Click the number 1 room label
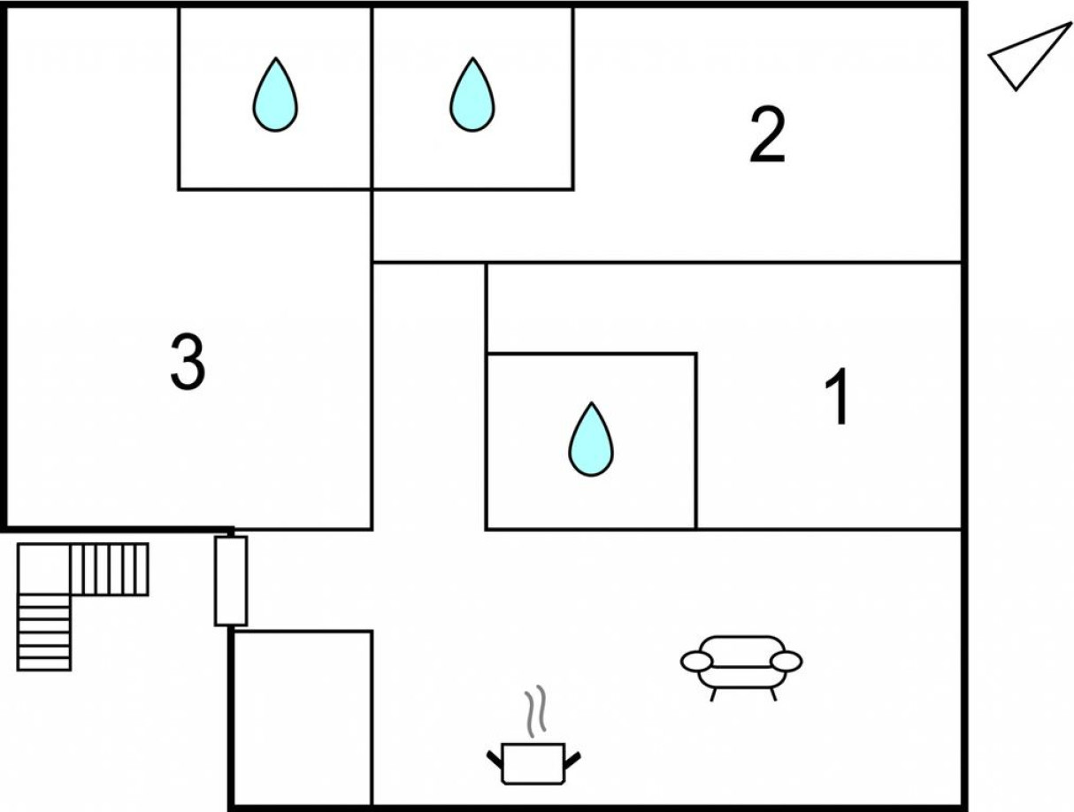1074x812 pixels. click(x=837, y=397)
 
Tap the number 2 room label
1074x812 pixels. click(x=767, y=135)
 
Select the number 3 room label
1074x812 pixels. click(x=188, y=364)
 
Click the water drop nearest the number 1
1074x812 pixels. click(x=590, y=440)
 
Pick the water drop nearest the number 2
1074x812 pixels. click(x=472, y=96)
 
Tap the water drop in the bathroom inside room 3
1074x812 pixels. click(x=275, y=96)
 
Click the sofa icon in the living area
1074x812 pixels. click(x=741, y=664)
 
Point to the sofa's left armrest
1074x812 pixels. click(x=696, y=661)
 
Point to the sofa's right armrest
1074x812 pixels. click(x=786, y=661)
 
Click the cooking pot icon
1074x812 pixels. click(x=533, y=762)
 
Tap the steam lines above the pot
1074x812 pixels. click(x=533, y=712)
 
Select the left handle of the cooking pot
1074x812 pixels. click(x=495, y=758)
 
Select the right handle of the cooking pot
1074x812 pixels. click(x=572, y=758)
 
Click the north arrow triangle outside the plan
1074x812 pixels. click(x=1026, y=57)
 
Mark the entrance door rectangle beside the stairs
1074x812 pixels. click(x=231, y=580)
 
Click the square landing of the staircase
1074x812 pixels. click(x=43, y=569)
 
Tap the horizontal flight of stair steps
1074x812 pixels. click(x=109, y=569)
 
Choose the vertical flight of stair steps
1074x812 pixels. click(x=43, y=632)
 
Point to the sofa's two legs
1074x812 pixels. click(x=743, y=694)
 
